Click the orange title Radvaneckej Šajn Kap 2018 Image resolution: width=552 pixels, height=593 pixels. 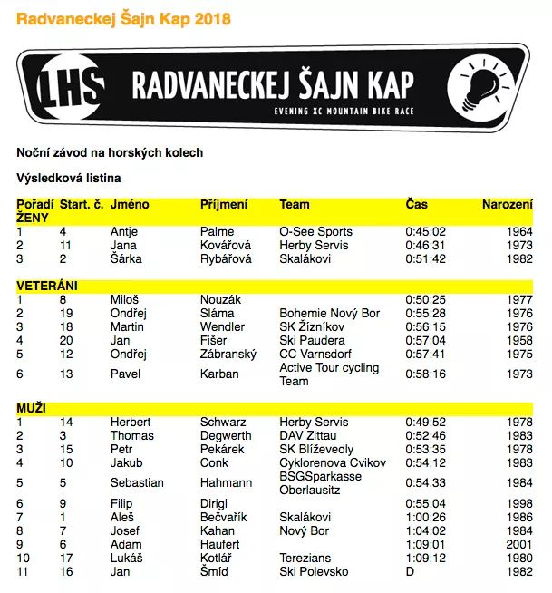[x=123, y=18]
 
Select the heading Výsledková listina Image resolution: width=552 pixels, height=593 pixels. [x=69, y=178]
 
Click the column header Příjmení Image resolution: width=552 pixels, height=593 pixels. [x=224, y=205]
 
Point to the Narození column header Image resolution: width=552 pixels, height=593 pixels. [x=507, y=205]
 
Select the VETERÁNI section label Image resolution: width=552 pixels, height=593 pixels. [x=47, y=286]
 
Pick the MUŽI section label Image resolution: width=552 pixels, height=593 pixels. [x=31, y=409]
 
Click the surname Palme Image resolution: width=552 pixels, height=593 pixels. [x=218, y=232]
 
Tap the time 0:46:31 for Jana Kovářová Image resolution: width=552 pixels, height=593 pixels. [x=425, y=246]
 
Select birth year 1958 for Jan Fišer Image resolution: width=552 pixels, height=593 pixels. [x=518, y=340]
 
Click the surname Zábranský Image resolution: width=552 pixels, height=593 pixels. [x=228, y=354]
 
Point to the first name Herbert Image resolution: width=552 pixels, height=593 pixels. [x=131, y=423]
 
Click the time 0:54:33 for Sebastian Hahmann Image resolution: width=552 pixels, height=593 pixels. [x=425, y=483]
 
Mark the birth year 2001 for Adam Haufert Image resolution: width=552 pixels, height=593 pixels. [x=518, y=545]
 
